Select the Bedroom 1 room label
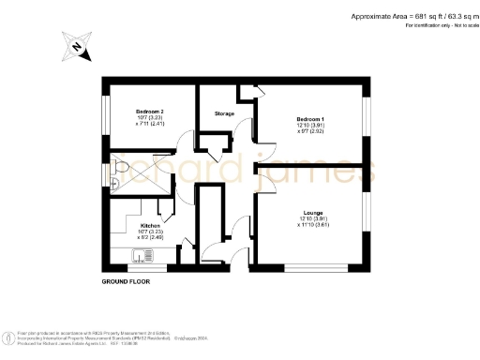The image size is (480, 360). (x=310, y=120)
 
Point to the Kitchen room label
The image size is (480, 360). (x=150, y=226)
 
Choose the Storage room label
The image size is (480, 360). (x=224, y=113)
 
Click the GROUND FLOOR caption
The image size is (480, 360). (x=126, y=280)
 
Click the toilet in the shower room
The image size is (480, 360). (x=114, y=170)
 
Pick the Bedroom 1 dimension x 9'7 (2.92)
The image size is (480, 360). (x=310, y=132)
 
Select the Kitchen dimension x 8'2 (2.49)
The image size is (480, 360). (x=150, y=238)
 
